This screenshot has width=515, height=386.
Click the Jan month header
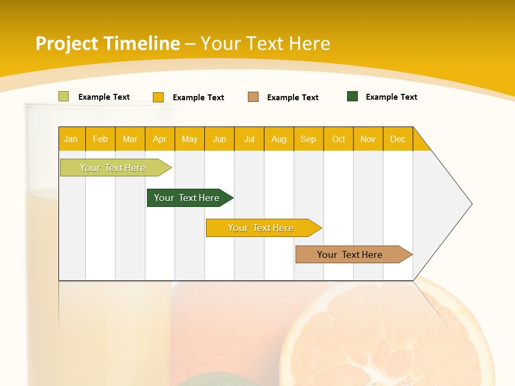click(x=71, y=139)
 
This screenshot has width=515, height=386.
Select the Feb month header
click(x=100, y=139)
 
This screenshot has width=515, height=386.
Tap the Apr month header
click(x=159, y=139)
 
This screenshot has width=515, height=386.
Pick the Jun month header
click(x=219, y=139)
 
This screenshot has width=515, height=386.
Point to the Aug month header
click(x=278, y=139)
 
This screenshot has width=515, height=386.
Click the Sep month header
click(x=308, y=139)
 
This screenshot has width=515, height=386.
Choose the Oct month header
click(x=339, y=139)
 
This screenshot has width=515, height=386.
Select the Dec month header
click(x=398, y=139)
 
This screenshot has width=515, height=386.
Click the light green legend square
click(x=63, y=96)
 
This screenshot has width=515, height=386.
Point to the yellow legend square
click(x=158, y=97)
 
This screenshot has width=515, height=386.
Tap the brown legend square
click(x=253, y=96)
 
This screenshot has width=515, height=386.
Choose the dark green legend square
click(x=352, y=96)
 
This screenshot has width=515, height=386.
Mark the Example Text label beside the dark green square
click(x=391, y=97)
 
